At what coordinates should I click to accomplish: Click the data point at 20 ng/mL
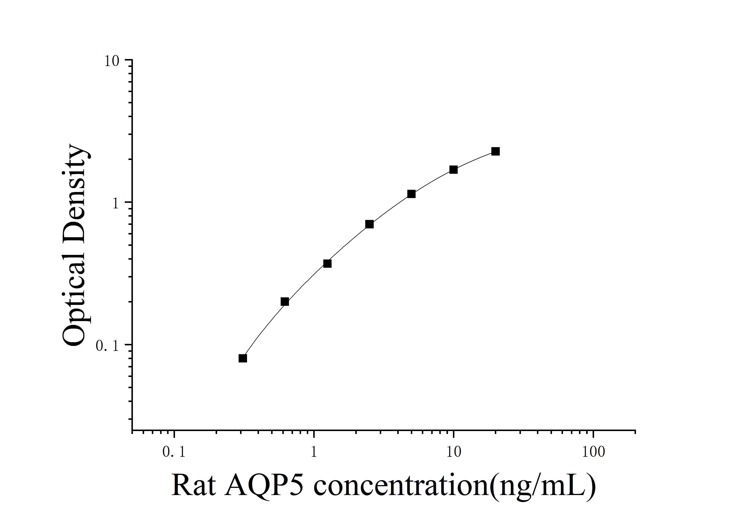[x=495, y=151]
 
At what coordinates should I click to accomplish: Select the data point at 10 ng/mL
[x=453, y=170]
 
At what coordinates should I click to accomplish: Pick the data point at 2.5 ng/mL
[x=369, y=224]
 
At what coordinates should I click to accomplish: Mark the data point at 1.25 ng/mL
[x=327, y=264]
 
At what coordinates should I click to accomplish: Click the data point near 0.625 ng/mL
[x=285, y=302]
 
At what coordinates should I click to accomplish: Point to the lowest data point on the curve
[x=243, y=358]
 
